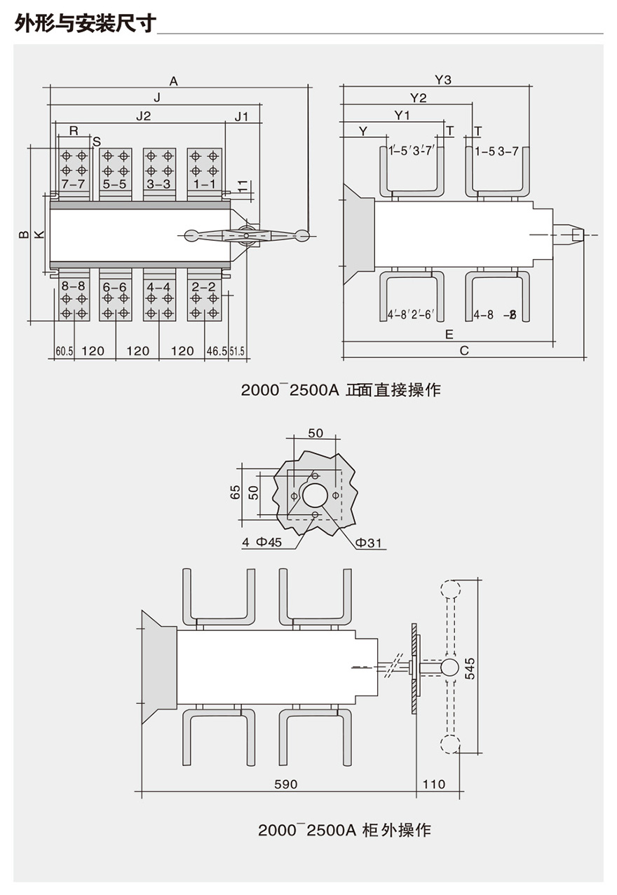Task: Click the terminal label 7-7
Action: (x=74, y=184)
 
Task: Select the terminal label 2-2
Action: (x=203, y=287)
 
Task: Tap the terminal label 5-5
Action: (x=115, y=184)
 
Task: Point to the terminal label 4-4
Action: (x=158, y=287)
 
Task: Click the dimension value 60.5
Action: (x=64, y=351)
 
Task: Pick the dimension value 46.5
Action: (x=216, y=351)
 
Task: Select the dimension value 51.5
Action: (x=236, y=351)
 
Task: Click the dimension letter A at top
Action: (x=174, y=81)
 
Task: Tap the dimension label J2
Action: (x=143, y=116)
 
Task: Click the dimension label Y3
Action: (x=442, y=80)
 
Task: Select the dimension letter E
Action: (x=449, y=334)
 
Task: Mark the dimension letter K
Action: (x=39, y=234)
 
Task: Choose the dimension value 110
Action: (x=434, y=784)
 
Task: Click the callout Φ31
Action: (x=367, y=543)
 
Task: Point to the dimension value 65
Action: (x=236, y=492)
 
